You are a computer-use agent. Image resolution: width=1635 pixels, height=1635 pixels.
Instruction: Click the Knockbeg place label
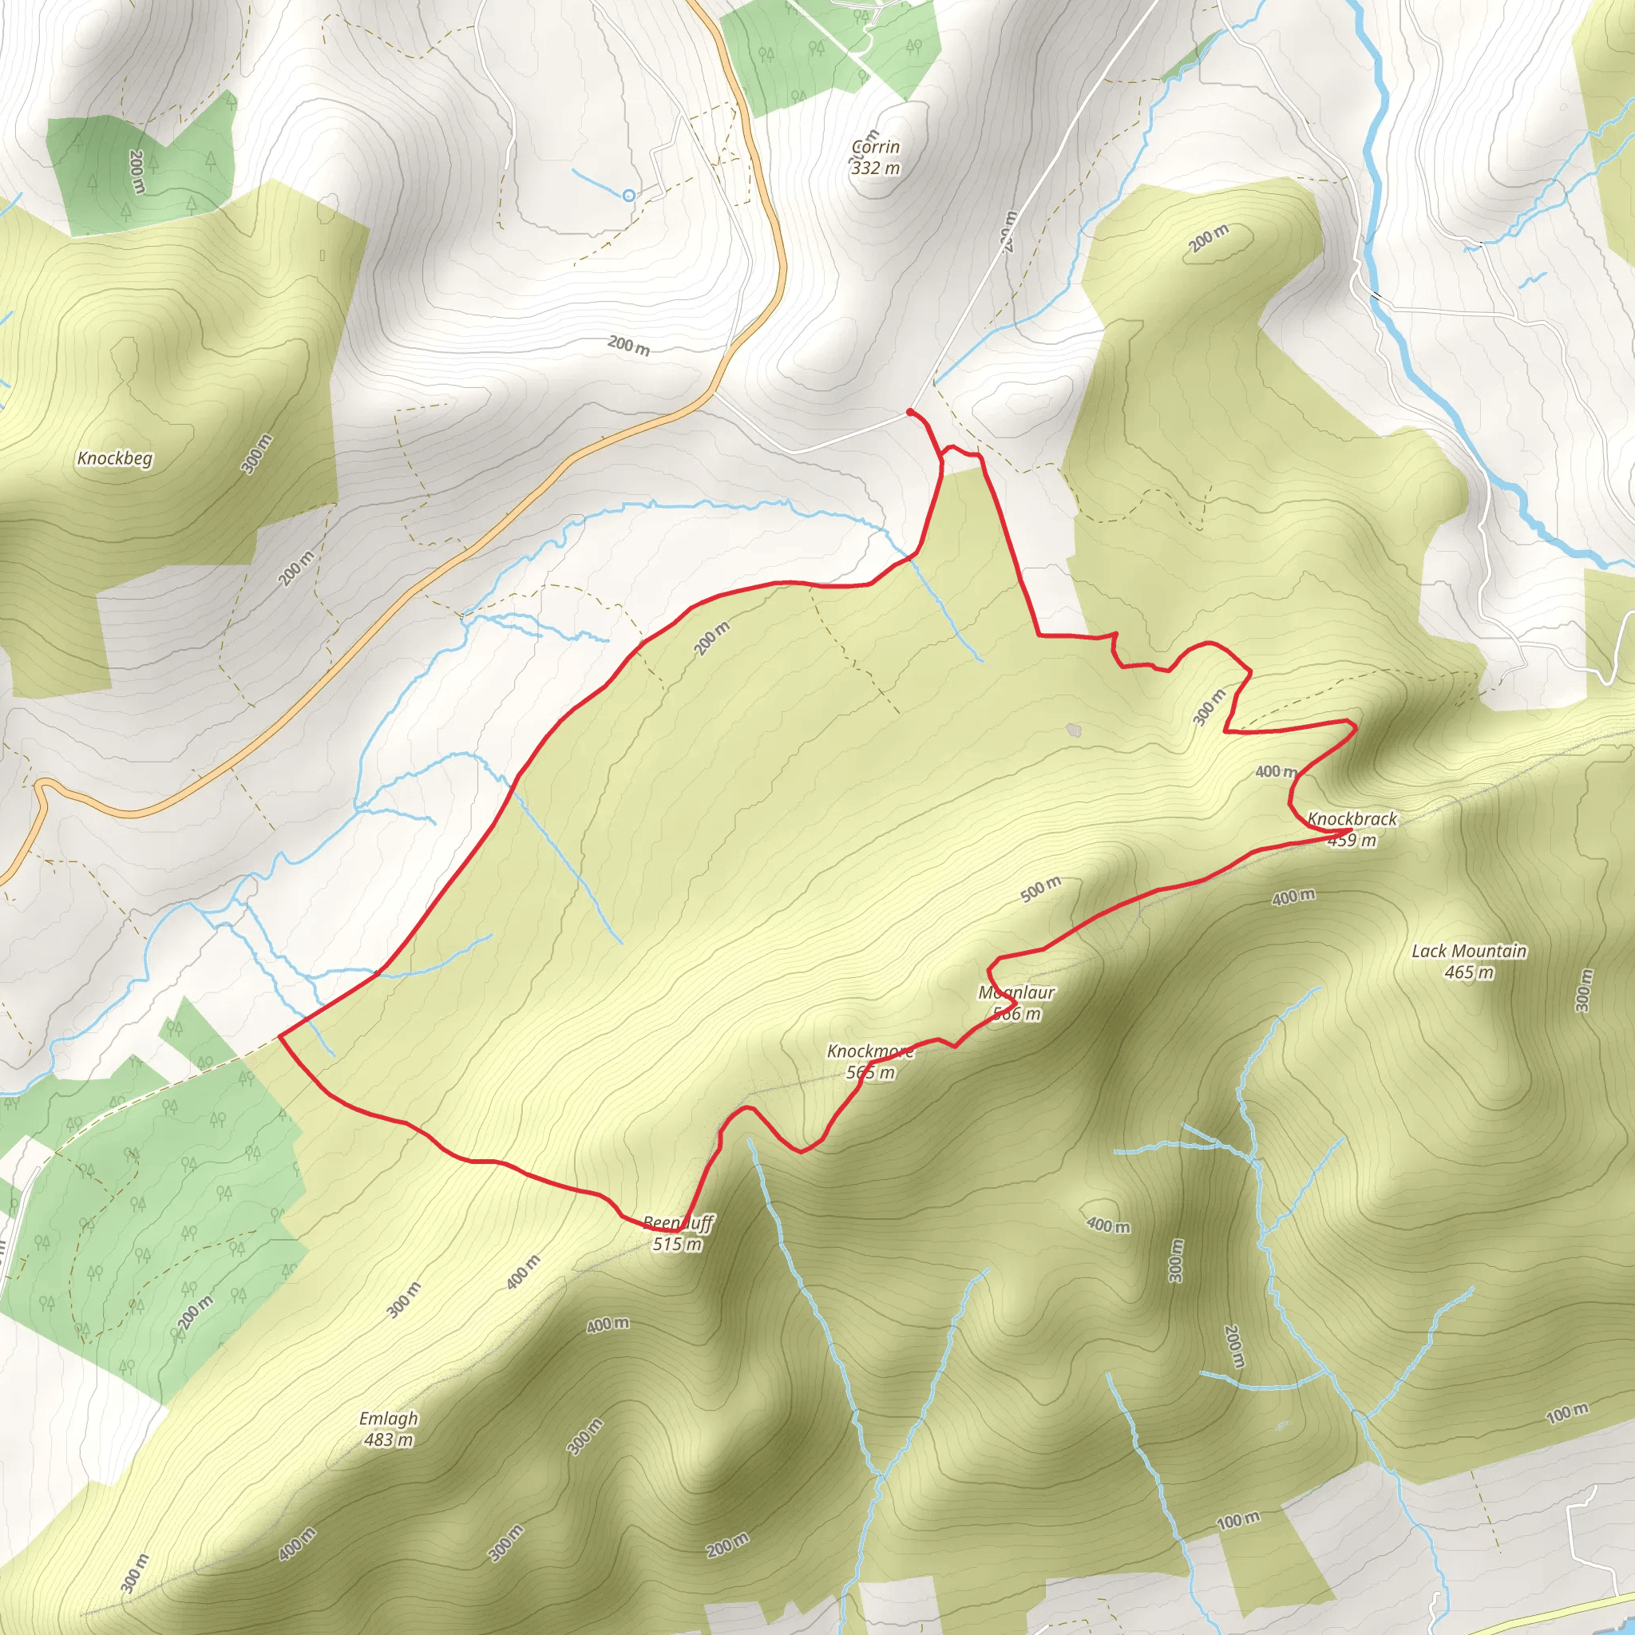click(115, 459)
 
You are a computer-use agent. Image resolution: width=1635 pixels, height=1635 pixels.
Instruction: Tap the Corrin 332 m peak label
click(875, 157)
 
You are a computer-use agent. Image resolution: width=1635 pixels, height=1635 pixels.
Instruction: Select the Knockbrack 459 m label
click(1352, 829)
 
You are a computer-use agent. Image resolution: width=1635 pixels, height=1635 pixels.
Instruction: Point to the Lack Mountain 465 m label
click(1469, 961)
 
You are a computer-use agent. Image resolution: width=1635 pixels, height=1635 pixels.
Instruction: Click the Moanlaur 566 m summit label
click(1016, 1003)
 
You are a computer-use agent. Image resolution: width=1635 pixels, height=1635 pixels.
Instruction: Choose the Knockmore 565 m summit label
click(870, 1061)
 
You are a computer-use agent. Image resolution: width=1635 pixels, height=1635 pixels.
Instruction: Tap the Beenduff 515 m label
click(678, 1233)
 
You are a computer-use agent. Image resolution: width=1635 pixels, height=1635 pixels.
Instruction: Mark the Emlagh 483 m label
click(389, 1428)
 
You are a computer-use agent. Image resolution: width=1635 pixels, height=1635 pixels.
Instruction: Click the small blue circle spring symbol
click(628, 196)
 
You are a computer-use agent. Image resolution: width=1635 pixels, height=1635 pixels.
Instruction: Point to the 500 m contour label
click(1040, 889)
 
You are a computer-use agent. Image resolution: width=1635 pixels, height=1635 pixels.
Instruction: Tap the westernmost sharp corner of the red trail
click(280, 1035)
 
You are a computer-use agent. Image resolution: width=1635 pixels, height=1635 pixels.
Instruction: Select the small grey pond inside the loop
click(1074, 730)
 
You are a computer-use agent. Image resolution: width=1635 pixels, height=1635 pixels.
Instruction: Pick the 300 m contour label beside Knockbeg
click(257, 454)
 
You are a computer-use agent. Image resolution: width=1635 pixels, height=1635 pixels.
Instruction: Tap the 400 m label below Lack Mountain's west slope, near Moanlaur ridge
click(1293, 897)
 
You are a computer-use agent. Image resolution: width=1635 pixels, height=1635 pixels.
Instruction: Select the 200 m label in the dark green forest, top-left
click(137, 171)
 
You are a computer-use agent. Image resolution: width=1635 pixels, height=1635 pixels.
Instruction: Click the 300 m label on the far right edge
click(1583, 990)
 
